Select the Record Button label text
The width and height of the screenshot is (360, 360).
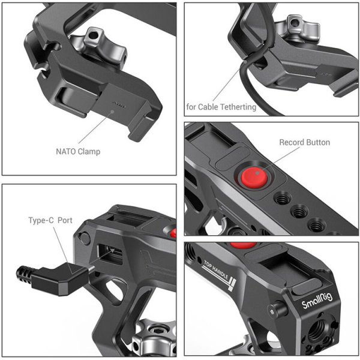(x=304, y=143)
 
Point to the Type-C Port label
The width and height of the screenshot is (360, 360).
(x=50, y=220)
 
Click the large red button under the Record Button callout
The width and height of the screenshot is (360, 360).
(x=253, y=178)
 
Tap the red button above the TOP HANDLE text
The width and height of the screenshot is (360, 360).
(x=242, y=245)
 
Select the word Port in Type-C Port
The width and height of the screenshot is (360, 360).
(x=64, y=220)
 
